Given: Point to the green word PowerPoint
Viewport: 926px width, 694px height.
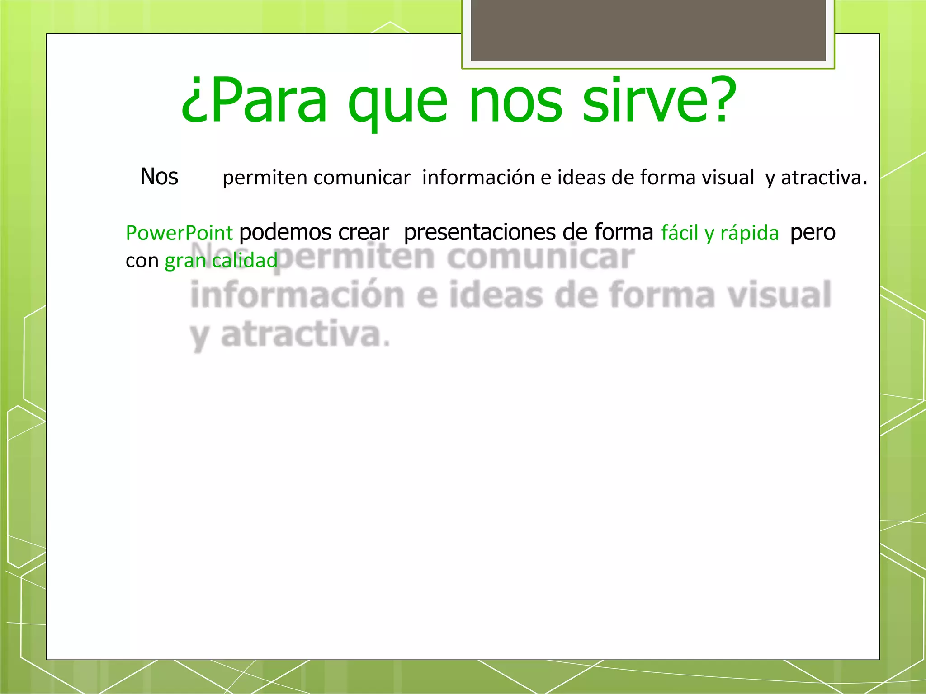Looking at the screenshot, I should [179, 233].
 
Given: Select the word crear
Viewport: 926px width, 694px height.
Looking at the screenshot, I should [364, 233].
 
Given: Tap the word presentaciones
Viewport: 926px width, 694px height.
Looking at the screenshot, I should [480, 233].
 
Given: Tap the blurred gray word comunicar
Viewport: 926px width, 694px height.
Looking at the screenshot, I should [541, 257].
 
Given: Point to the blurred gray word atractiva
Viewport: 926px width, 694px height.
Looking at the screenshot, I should [301, 334].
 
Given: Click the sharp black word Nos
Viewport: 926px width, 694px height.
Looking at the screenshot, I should [159, 176].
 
